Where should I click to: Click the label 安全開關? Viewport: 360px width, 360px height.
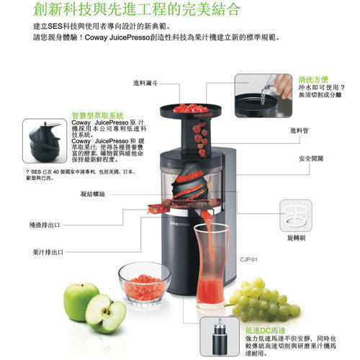tap(310, 156)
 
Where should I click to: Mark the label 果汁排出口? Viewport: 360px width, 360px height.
tap(48, 252)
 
